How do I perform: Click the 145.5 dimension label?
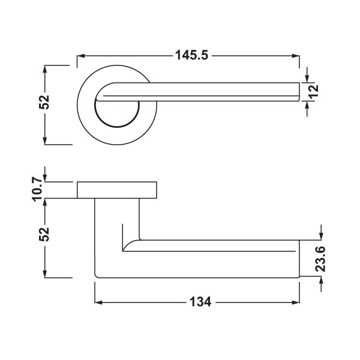pos(192,55)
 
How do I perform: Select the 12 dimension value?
pos(314,91)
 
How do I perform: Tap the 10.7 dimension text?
pos(38,190)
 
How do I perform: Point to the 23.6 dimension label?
pos(320,259)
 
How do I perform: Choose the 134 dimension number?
pos(200,302)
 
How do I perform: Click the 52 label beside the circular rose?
pos(44,102)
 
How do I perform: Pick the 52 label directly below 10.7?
pos(44,234)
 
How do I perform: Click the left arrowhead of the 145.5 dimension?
pos(81,56)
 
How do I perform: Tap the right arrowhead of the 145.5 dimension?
pos(295,56)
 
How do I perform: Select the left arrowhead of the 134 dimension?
pos(98,302)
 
